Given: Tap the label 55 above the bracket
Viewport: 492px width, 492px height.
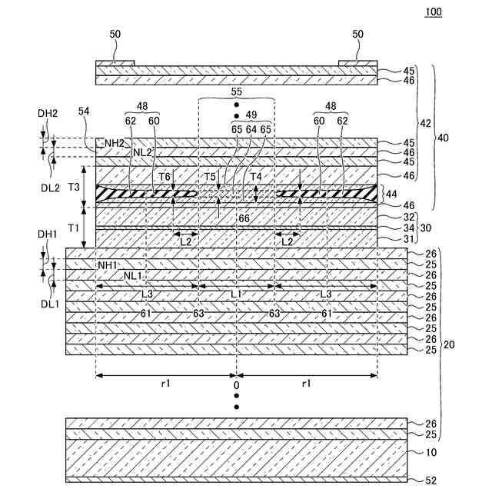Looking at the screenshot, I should coord(236,91).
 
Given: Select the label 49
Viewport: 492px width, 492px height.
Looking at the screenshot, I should coord(252,115).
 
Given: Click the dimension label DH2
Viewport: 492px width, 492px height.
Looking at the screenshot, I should coord(48,113).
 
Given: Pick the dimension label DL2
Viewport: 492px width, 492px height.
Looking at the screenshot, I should coord(48,166).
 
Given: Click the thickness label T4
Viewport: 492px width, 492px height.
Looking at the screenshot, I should coord(261,177).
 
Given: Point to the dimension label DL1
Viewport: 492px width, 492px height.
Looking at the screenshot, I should coord(48,304).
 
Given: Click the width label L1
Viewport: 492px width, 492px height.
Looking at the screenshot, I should coord(237,294).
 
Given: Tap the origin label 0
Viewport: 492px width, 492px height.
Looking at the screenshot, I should coord(237,385).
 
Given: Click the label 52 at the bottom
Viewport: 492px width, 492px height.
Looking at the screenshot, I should coord(430,480).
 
